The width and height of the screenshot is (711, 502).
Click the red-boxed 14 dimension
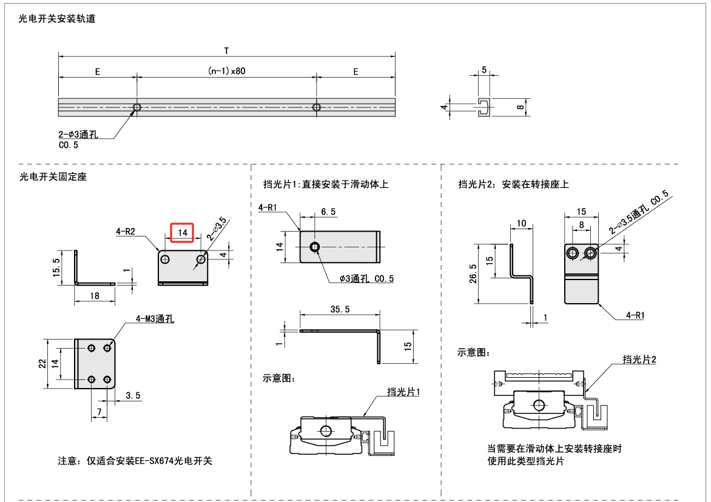click(182, 233)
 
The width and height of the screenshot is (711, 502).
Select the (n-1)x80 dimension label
click(226, 72)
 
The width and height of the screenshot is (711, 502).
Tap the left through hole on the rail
click(137, 107)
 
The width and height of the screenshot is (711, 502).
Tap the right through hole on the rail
click(316, 107)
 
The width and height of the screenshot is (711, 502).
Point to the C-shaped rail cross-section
click(484, 107)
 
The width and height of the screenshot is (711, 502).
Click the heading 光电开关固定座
click(54, 177)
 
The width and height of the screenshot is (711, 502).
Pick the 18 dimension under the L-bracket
click(95, 295)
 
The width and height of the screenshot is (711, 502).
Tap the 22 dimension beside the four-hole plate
click(41, 363)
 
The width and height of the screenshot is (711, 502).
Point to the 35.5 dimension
click(340, 309)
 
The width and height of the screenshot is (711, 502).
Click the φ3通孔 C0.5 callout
click(367, 279)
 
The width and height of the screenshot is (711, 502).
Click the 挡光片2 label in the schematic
click(639, 360)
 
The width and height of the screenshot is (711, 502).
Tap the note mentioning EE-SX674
click(135, 461)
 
